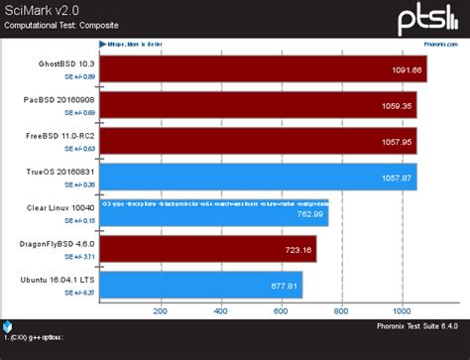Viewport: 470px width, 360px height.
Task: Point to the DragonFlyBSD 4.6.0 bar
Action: [209, 248]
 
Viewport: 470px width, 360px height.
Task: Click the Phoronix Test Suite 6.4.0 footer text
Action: [414, 326]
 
